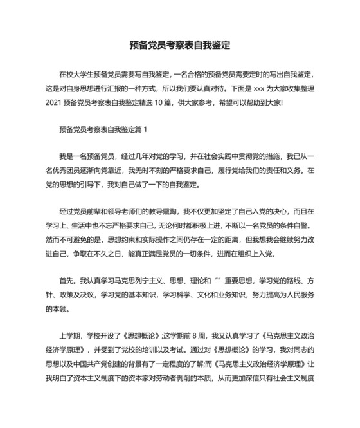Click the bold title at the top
(179, 46)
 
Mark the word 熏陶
(169, 212)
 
